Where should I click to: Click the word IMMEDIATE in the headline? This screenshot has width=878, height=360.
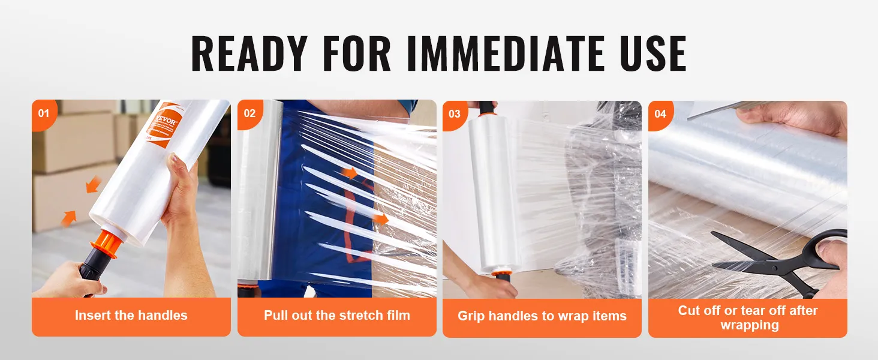pos(503,54)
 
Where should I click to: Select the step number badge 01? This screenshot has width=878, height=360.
pos(43,112)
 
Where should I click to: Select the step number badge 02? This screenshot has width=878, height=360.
pos(249,113)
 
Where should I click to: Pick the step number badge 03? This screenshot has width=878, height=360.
pos(454,113)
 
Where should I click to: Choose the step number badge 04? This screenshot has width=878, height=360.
pos(660,113)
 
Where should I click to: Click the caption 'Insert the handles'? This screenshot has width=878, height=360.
pos(131,316)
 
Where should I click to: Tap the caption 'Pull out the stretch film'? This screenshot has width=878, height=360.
pos(336,316)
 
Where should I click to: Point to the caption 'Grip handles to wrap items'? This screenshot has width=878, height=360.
pos(542,316)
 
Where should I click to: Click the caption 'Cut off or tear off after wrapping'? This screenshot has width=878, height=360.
pos(747,317)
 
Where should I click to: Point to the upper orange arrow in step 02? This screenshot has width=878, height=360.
pos(351,173)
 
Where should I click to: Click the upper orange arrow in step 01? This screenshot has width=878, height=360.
pos(93,184)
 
